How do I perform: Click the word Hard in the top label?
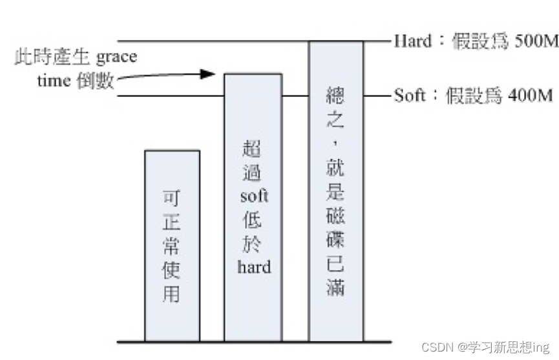click(x=412, y=41)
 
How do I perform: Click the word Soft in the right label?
click(x=410, y=96)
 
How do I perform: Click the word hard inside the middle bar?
click(x=253, y=266)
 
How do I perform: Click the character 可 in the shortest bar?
click(x=172, y=197)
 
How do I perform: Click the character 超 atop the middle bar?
click(x=253, y=150)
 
